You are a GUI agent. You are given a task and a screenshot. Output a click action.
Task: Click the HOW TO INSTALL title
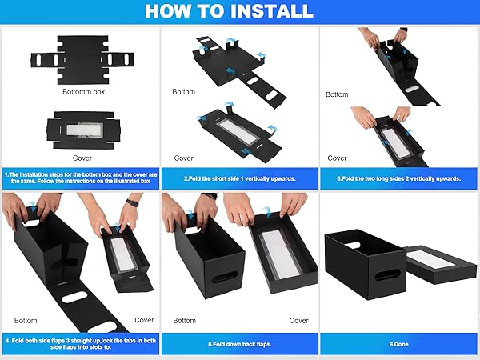click(240, 11)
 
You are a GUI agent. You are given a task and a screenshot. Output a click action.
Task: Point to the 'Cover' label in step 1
click(82, 158)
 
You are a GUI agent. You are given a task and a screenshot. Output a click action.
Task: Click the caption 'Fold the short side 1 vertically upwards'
click(240, 178)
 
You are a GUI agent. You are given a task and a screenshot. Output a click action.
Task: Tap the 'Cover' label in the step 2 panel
click(183, 158)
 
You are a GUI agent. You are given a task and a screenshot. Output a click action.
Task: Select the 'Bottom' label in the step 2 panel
click(183, 92)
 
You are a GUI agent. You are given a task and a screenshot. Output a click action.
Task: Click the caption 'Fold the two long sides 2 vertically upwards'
click(399, 178)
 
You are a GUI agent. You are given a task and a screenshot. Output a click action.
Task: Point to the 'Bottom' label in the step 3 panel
click(337, 94)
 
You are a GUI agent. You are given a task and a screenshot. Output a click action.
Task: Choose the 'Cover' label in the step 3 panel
click(337, 158)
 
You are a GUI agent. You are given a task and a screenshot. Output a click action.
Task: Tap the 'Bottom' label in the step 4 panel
click(26, 320)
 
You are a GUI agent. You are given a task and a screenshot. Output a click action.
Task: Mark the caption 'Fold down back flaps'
click(240, 343)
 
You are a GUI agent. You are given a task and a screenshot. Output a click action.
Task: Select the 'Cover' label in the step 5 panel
click(298, 320)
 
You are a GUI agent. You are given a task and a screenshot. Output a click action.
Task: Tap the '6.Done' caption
click(399, 343)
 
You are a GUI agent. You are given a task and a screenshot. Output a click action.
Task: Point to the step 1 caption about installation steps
click(80, 178)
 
